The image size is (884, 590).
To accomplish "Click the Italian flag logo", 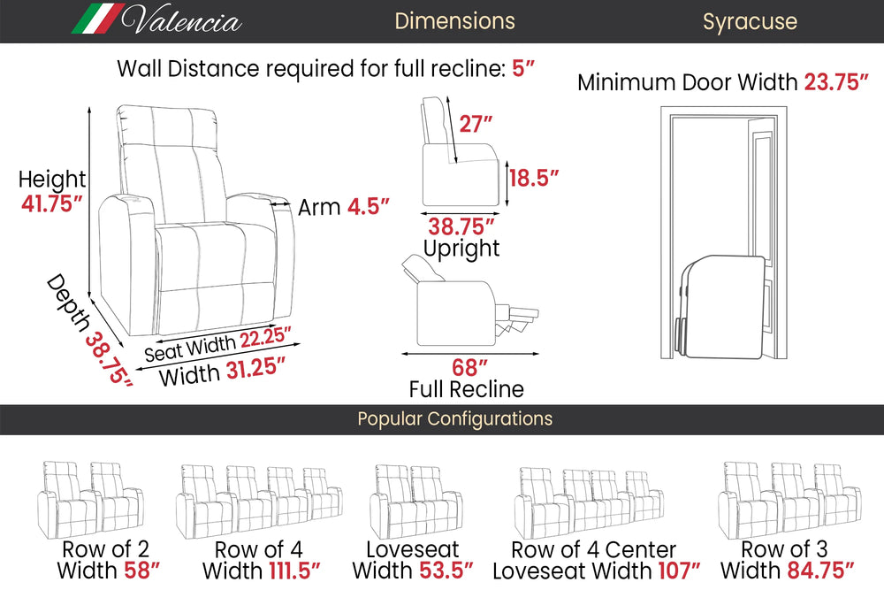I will (97, 19).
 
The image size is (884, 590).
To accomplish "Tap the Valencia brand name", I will (183, 20).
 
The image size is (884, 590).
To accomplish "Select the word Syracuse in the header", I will (750, 21).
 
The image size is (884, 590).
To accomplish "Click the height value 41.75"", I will (51, 203).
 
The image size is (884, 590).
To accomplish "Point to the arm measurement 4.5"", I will (369, 207).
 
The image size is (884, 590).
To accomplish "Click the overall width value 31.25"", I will (259, 368).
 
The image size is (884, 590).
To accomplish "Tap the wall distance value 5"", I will (524, 68).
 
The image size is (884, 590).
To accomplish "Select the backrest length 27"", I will (476, 123).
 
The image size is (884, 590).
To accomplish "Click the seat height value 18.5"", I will (534, 178).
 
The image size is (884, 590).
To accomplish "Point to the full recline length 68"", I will (470, 366).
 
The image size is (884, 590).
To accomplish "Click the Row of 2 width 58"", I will (141, 571).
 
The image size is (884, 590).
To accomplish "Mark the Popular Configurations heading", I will (454, 419).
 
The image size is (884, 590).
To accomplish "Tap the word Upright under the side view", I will (461, 249).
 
